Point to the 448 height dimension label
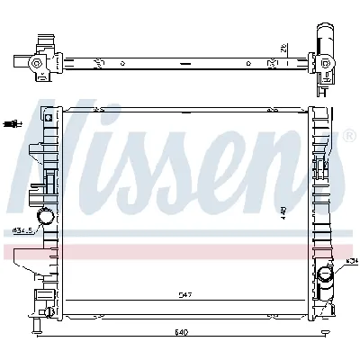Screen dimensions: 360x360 pyautogui.click(x=282, y=211)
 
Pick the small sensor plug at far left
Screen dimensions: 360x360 pyautogui.click(x=11, y=122)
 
